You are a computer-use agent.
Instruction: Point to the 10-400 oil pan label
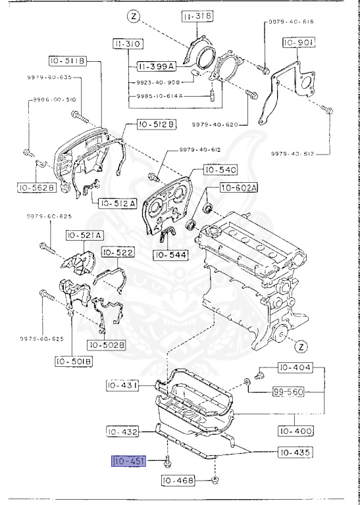point(294,431)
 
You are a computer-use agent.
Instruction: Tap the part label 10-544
point(171,254)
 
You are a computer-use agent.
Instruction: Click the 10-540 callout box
point(219,170)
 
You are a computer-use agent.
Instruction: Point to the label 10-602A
point(239,188)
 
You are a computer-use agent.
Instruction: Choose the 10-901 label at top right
point(299,43)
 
